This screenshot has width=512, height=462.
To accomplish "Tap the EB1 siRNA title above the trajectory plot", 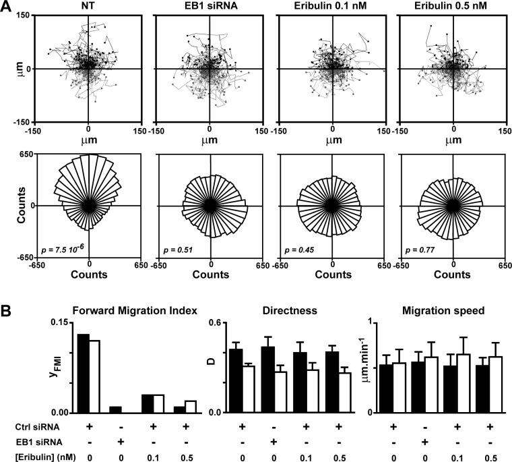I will [x=211, y=6].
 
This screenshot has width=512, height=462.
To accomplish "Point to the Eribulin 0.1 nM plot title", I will [x=332, y=6].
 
